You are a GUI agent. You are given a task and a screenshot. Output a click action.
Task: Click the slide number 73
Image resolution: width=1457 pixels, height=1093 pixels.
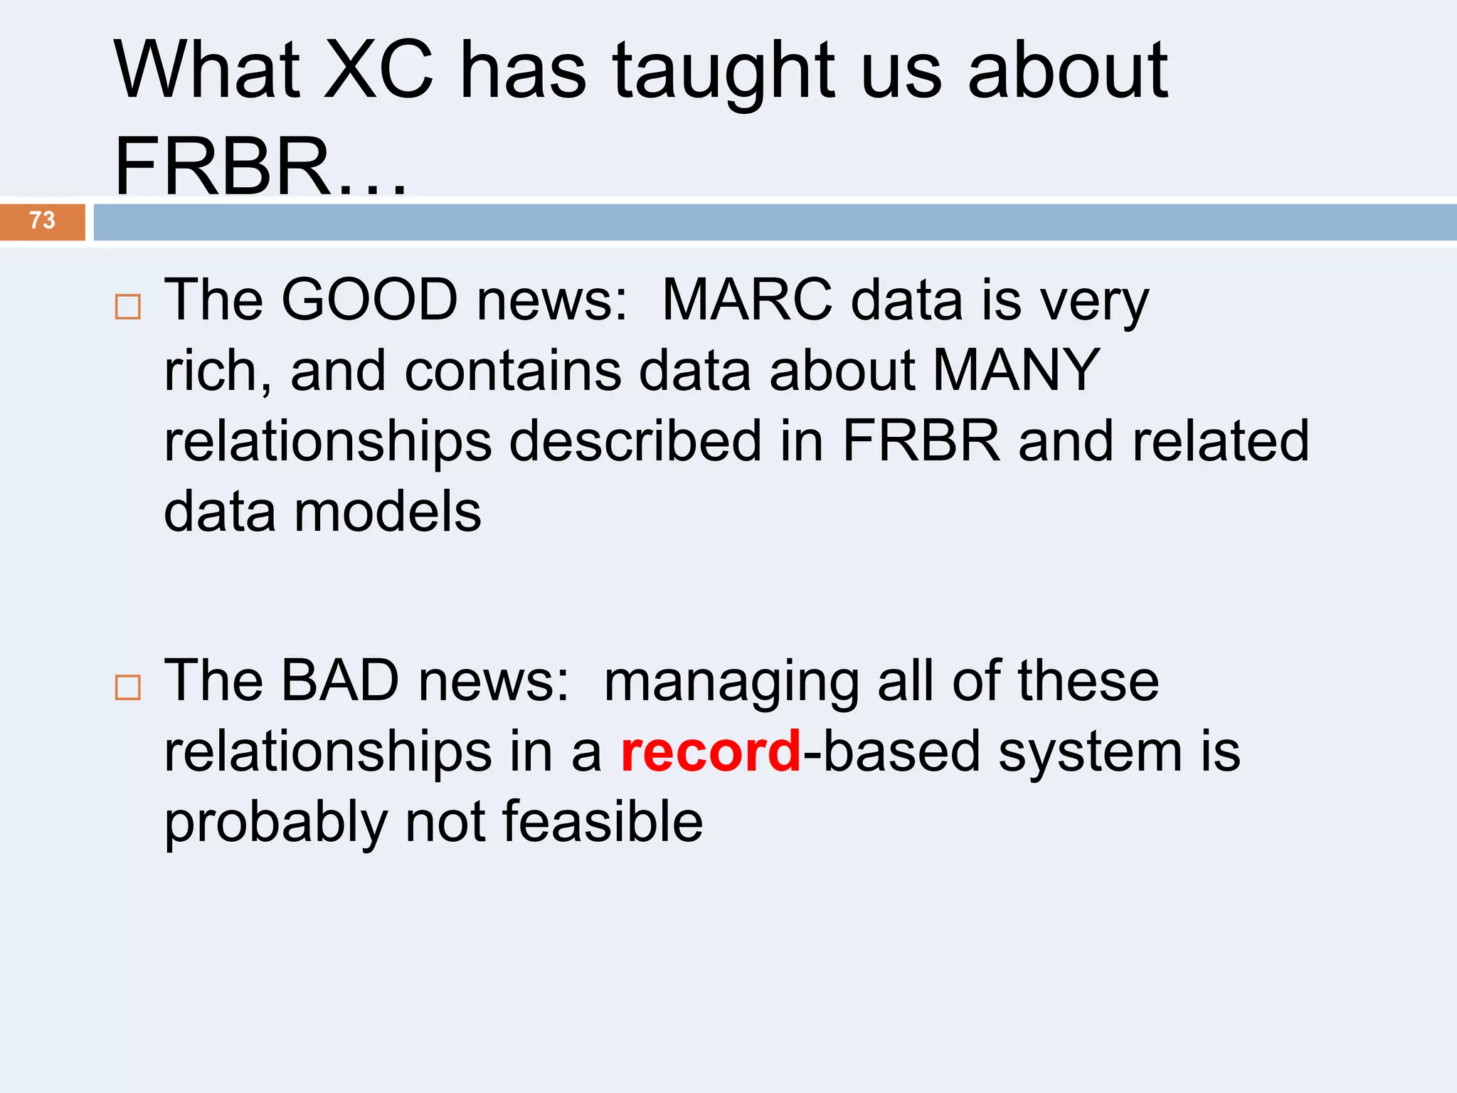[42, 221]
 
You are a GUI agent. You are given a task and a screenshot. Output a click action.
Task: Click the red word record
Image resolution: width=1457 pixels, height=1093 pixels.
[711, 751]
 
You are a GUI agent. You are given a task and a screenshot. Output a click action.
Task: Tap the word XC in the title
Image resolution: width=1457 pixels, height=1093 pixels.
[378, 70]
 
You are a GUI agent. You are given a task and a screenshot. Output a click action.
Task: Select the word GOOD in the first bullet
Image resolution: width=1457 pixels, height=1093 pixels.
[369, 300]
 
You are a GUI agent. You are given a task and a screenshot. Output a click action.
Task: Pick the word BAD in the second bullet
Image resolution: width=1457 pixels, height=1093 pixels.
[340, 680]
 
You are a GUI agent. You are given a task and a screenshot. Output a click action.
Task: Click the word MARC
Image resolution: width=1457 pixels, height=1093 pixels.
[746, 300]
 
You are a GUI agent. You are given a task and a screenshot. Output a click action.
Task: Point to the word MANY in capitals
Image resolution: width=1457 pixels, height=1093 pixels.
[1016, 371]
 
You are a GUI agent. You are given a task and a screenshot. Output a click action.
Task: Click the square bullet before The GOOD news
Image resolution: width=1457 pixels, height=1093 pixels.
[128, 307]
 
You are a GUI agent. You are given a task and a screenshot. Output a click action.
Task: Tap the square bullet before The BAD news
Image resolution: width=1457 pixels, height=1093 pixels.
[128, 688]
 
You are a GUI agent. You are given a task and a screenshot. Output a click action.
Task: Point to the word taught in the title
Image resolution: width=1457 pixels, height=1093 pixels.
[724, 70]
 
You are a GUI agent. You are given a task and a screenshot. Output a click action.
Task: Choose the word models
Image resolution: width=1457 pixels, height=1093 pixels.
[388, 512]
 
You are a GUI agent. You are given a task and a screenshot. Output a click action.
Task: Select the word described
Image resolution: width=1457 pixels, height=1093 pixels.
[635, 441]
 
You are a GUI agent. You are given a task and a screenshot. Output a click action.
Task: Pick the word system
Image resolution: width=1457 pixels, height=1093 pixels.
[1089, 753]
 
